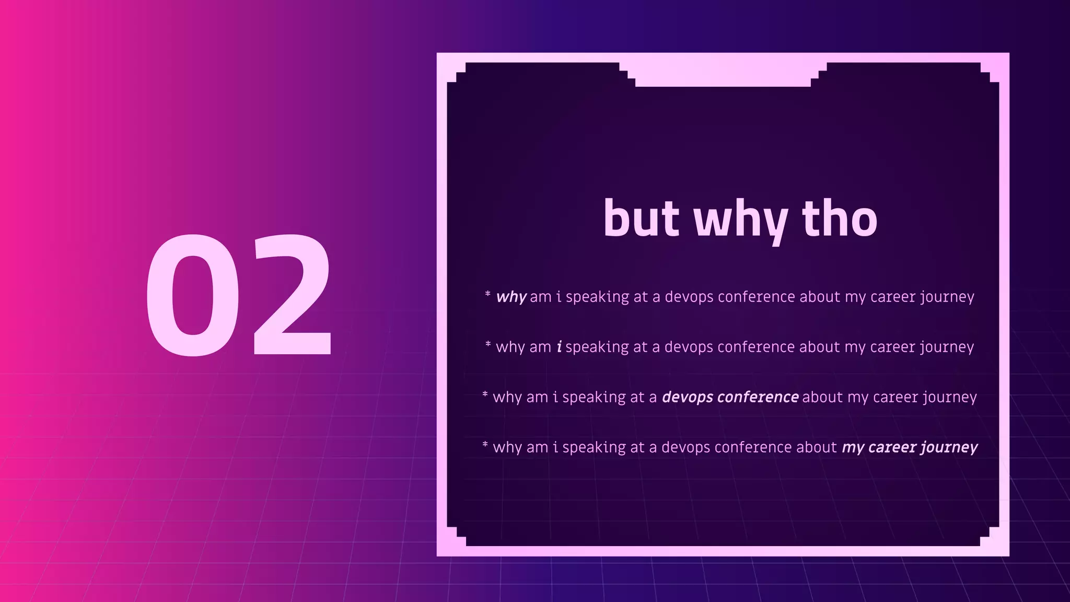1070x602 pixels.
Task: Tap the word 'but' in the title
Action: [x=641, y=219]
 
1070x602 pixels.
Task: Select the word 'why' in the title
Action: [x=740, y=222]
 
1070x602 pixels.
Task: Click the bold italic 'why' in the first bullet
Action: [x=511, y=297]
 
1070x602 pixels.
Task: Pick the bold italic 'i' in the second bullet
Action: [x=559, y=347]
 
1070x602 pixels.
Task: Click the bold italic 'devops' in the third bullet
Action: [x=688, y=398]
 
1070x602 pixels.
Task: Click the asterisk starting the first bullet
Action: [x=487, y=294]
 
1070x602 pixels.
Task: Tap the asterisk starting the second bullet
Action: [x=487, y=344]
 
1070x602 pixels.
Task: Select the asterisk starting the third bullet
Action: [x=485, y=395]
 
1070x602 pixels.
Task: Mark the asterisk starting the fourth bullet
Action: [x=485, y=445]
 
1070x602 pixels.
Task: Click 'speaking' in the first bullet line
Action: [x=597, y=297]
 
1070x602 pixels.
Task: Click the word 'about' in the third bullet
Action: [x=822, y=397]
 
